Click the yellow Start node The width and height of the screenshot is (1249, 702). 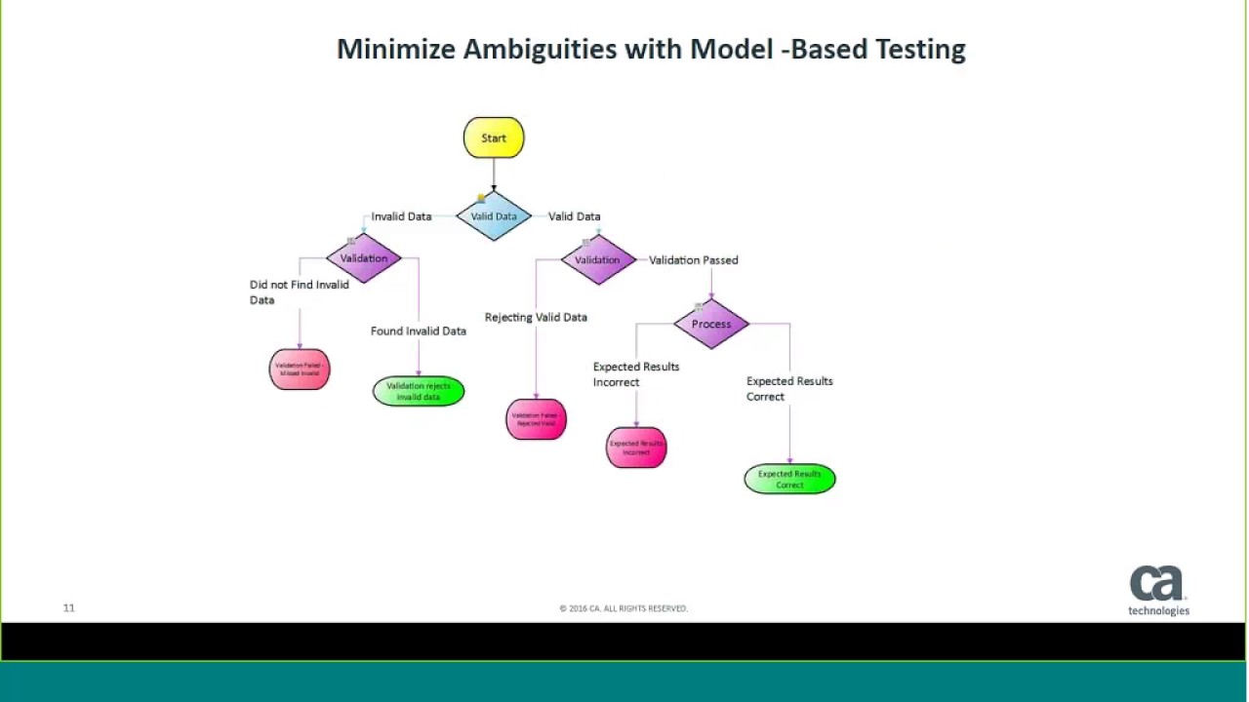(494, 137)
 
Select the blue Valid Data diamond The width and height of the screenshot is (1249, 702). (494, 216)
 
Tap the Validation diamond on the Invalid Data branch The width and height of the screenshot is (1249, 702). (364, 258)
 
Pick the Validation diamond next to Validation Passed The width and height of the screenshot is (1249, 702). (597, 259)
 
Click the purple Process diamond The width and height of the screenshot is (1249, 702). (711, 324)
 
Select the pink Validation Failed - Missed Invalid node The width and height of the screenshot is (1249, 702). (300, 370)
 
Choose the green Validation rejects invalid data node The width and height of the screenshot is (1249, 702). (419, 391)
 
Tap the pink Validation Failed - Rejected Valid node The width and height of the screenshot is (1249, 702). (536, 419)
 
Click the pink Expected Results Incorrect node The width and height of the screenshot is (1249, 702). (636, 448)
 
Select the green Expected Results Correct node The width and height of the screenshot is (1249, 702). (789, 479)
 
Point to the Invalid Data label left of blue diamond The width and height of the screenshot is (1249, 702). (401, 216)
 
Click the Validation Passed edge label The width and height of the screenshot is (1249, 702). (693, 260)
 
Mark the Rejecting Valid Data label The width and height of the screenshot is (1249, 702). (536, 317)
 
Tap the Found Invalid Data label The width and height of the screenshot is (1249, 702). (418, 331)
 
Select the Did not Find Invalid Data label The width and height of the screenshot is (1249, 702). (299, 292)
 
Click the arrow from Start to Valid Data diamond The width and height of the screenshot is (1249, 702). (494, 174)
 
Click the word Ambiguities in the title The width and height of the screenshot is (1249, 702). (540, 49)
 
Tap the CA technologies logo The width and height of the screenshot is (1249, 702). (1158, 590)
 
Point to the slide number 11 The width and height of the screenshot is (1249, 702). (68, 608)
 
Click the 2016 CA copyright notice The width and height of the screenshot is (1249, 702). (624, 608)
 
